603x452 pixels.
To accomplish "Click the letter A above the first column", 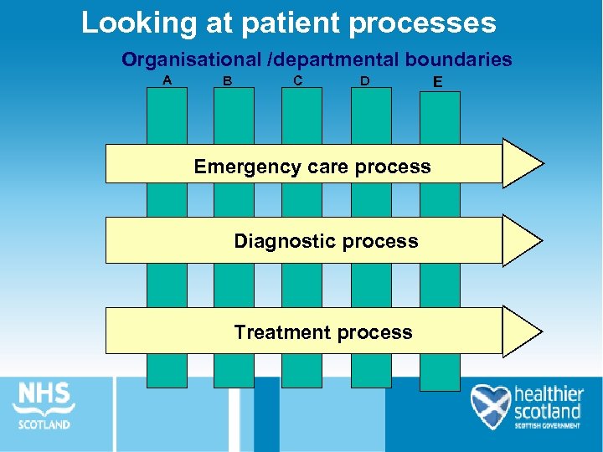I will [167, 80].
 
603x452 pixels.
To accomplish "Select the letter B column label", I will [227, 81].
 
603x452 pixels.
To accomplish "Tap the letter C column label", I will [298, 80].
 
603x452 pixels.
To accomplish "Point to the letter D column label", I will [365, 81].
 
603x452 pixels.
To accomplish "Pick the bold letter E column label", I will [437, 82].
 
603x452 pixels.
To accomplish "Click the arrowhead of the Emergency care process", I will [522, 162].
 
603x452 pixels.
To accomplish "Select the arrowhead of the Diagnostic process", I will [522, 240].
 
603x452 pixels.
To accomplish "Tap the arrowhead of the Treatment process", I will [522, 331].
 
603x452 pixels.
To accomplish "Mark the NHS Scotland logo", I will [44, 405].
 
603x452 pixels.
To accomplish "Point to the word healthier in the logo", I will [548, 394].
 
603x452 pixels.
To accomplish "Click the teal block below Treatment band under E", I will [440, 371].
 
